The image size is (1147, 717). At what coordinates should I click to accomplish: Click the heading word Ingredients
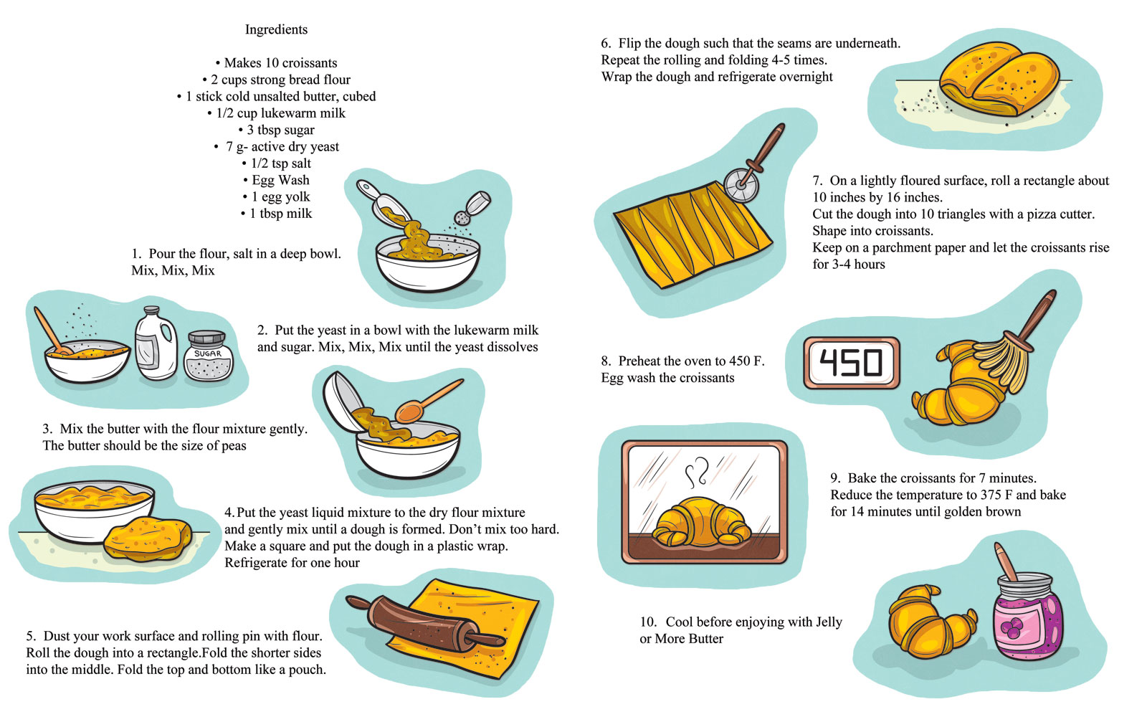pos(276,29)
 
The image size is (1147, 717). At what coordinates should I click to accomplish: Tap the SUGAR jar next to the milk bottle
pos(208,356)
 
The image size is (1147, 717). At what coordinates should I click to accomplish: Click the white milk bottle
pos(156,345)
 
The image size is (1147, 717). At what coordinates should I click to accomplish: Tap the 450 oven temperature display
pos(851,363)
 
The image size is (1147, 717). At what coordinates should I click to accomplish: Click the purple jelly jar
pos(1027,619)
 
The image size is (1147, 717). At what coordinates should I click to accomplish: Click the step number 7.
pos(817,181)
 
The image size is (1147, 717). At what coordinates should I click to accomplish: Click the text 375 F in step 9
pos(994,495)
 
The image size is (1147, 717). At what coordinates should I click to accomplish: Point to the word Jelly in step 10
pos(828,622)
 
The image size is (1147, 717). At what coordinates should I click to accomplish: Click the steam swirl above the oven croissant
pos(697,474)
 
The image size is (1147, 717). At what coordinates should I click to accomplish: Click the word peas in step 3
pos(233,446)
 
